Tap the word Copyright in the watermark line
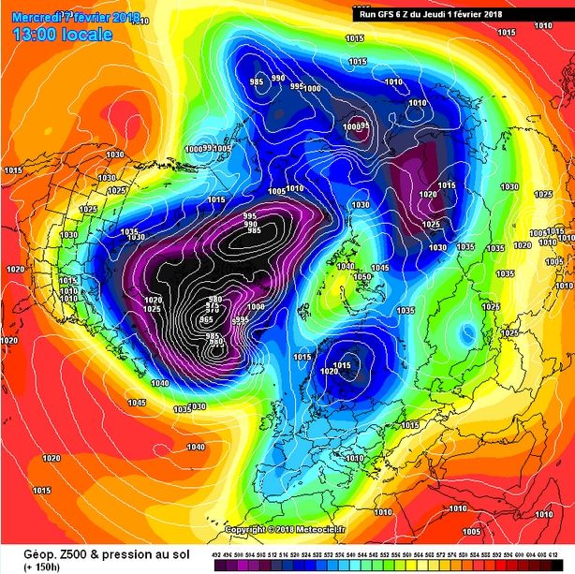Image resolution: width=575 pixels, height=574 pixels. click(x=246, y=529)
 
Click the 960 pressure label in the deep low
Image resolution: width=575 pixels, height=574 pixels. click(x=216, y=343)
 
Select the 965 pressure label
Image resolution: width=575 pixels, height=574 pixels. click(x=207, y=321)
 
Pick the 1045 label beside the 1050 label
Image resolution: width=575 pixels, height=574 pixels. click(x=378, y=269)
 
